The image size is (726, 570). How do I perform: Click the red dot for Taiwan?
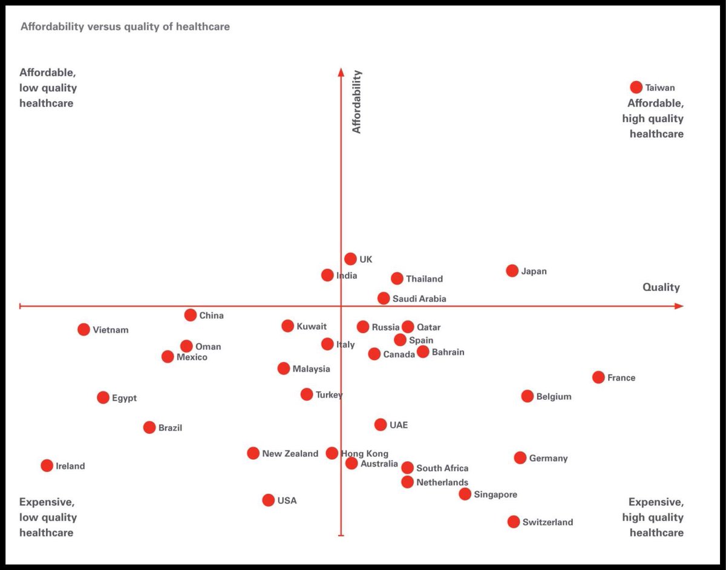[636, 87]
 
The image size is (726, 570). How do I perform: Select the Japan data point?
[512, 270]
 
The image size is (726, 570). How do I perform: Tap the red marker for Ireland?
[47, 465]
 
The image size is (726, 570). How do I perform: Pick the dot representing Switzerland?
[514, 522]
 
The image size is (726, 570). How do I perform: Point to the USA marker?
[269, 500]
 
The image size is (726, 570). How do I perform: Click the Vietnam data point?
[83, 329]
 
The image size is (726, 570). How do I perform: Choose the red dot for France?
[598, 377]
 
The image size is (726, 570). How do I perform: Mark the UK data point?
[350, 259]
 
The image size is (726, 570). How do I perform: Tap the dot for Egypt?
[103, 398]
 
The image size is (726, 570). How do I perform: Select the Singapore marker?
[465, 494]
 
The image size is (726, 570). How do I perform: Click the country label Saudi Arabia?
[419, 298]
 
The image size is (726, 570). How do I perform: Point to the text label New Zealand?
[290, 453]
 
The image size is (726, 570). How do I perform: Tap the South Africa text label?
[442, 468]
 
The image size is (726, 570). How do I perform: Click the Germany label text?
[548, 458]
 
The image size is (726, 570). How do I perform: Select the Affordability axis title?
[356, 102]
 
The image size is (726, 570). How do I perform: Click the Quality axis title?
[661, 287]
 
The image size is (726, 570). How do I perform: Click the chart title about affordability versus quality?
[125, 27]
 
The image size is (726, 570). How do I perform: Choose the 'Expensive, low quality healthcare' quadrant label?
[48, 517]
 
